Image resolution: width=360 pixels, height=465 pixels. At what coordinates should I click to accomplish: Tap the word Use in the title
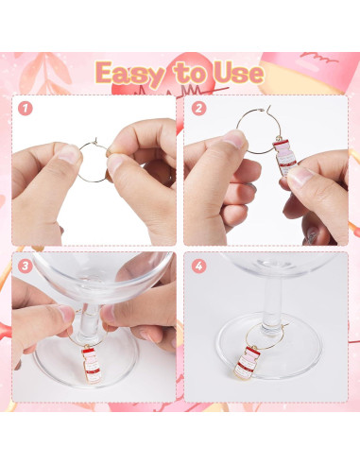(x=239, y=74)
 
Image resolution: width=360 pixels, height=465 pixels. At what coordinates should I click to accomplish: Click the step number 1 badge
(x=26, y=109)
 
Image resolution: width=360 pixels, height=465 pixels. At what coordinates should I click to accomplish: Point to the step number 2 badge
(x=198, y=109)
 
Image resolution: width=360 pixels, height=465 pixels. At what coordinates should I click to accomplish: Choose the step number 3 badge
(x=26, y=267)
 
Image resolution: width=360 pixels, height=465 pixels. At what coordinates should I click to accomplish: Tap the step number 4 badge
(x=198, y=267)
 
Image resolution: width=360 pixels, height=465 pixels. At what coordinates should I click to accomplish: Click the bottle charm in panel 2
(x=285, y=157)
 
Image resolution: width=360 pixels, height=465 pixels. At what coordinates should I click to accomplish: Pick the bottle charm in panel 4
(x=248, y=362)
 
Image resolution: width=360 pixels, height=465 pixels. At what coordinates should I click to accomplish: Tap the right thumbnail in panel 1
(x=114, y=162)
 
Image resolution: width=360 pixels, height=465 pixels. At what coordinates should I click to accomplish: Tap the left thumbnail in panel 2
(x=234, y=138)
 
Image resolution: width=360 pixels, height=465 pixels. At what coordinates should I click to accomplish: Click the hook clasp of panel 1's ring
(x=95, y=141)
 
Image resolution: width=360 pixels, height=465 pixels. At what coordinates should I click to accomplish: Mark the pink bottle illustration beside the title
(x=309, y=72)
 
